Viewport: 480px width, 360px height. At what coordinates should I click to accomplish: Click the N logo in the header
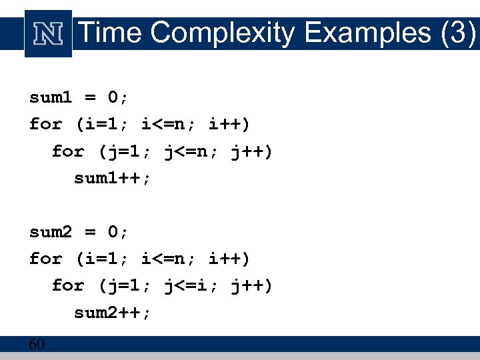pos(48,33)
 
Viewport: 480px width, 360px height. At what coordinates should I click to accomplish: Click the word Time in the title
pos(111,33)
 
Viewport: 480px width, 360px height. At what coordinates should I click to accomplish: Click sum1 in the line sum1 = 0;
pos(51,97)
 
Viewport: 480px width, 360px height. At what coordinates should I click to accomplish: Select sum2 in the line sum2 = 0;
pos(51,232)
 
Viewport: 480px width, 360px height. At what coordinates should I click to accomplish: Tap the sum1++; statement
pos(113,178)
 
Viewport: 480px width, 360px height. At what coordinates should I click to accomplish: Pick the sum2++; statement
pos(113,313)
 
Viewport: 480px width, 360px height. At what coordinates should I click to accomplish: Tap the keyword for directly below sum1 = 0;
pos(46,124)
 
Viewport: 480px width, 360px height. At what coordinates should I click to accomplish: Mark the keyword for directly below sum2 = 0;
pos(46,259)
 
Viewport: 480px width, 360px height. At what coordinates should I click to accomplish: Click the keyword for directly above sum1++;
pos(68,151)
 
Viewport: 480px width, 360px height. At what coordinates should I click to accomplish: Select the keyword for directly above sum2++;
pos(68,286)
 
